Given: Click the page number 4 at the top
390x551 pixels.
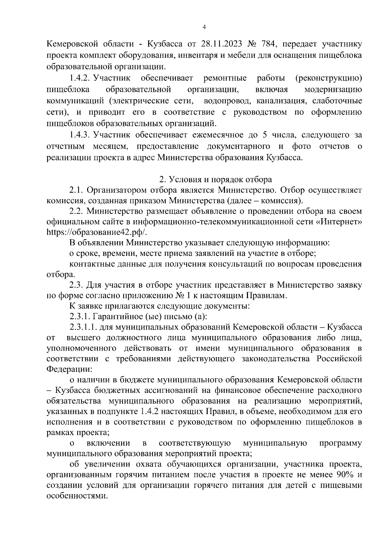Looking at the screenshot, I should [x=204, y=27].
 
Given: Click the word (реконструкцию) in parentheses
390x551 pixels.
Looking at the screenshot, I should [x=329, y=78].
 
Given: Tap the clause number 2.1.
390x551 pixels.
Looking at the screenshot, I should [x=76, y=190].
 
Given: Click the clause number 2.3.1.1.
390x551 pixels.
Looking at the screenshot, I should [x=84, y=327].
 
